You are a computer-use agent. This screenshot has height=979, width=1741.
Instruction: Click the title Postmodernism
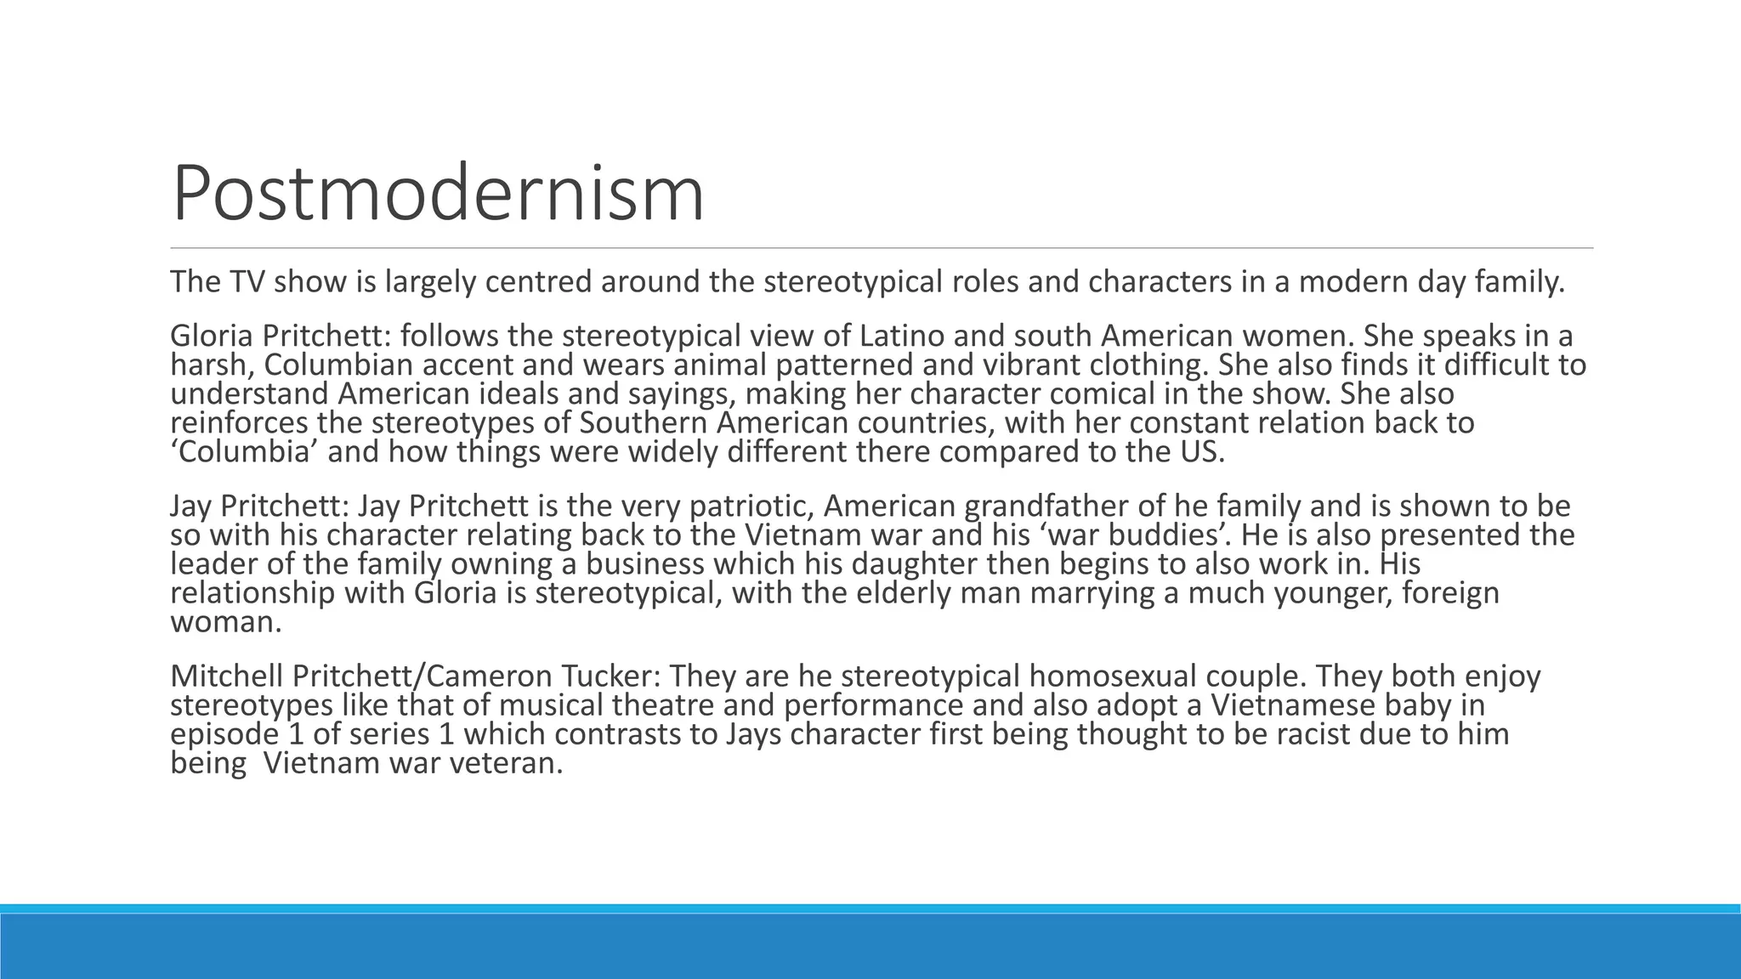pos(438,195)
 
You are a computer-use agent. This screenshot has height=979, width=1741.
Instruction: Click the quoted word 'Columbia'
pos(244,452)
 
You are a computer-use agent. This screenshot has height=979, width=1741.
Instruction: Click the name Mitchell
pos(226,676)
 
